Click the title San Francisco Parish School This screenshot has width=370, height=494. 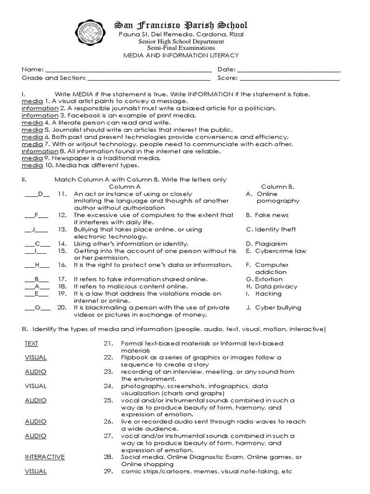pos(180,25)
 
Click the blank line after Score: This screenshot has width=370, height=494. pos(290,78)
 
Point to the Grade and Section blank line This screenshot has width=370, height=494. pos(149,78)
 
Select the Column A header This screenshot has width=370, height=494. pos(125,187)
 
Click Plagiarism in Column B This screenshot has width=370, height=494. pos(271,244)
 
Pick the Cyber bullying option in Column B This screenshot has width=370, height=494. pos(278,307)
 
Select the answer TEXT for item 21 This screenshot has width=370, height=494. pos(32,343)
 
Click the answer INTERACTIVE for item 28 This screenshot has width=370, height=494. pos(45,457)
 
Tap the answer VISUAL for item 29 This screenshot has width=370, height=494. pos(36,471)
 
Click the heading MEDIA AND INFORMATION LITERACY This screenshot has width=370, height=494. pos(181,55)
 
